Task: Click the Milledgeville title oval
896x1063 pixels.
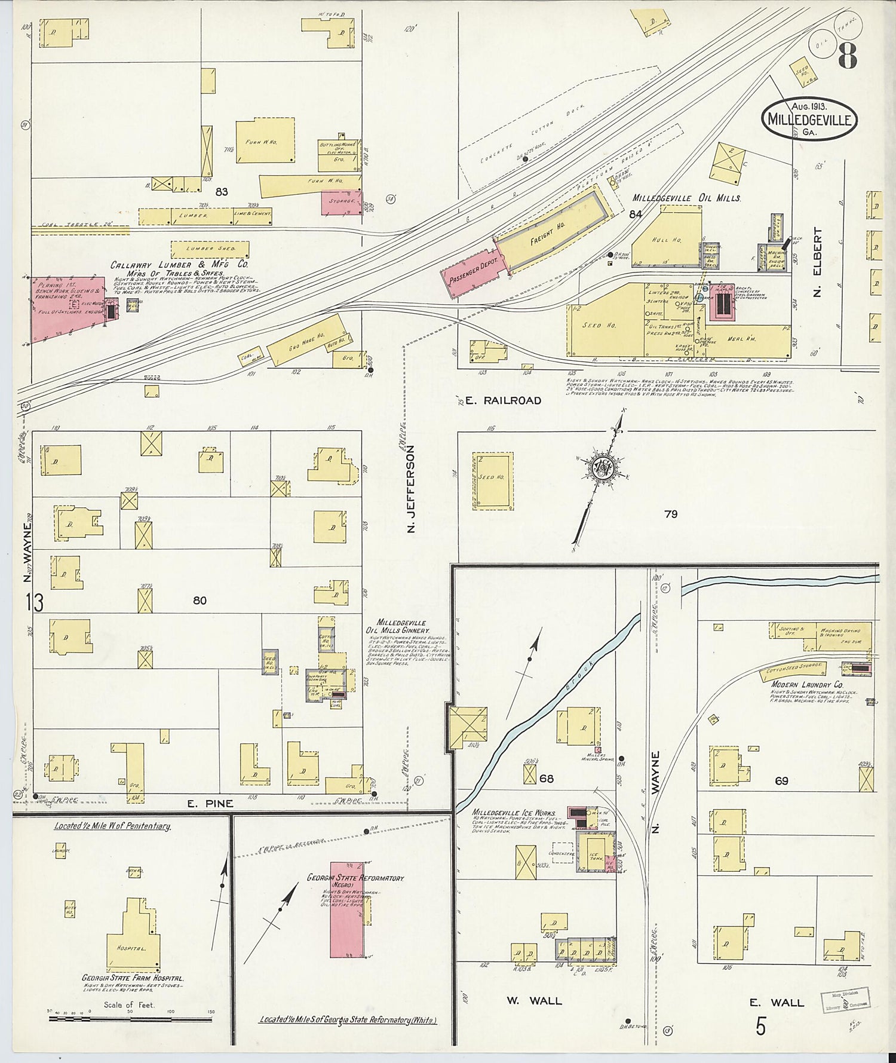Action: pyautogui.click(x=810, y=118)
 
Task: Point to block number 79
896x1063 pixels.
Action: pyautogui.click(x=671, y=514)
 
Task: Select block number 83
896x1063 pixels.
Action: pyautogui.click(x=222, y=192)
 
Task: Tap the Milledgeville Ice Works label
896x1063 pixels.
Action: pyautogui.click(x=514, y=813)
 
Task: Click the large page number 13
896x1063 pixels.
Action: pyautogui.click(x=35, y=602)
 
